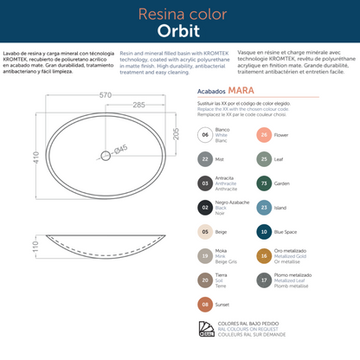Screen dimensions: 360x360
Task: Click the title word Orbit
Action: tap(180, 31)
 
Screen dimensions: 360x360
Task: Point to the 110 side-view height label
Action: tap(12, 247)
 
